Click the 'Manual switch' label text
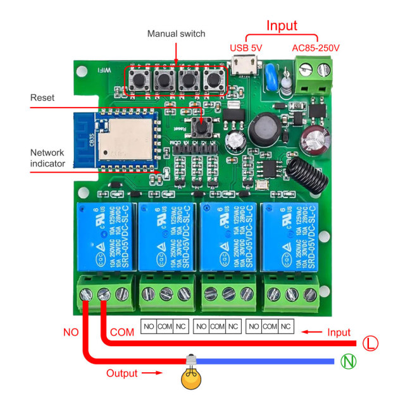(176, 34)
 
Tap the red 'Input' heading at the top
(282, 25)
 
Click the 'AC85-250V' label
(316, 48)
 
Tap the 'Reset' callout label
(42, 97)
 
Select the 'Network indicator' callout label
(48, 158)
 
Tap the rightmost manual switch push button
(211, 80)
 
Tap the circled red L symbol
(371, 344)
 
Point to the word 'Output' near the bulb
(121, 373)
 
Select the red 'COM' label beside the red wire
(122, 332)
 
